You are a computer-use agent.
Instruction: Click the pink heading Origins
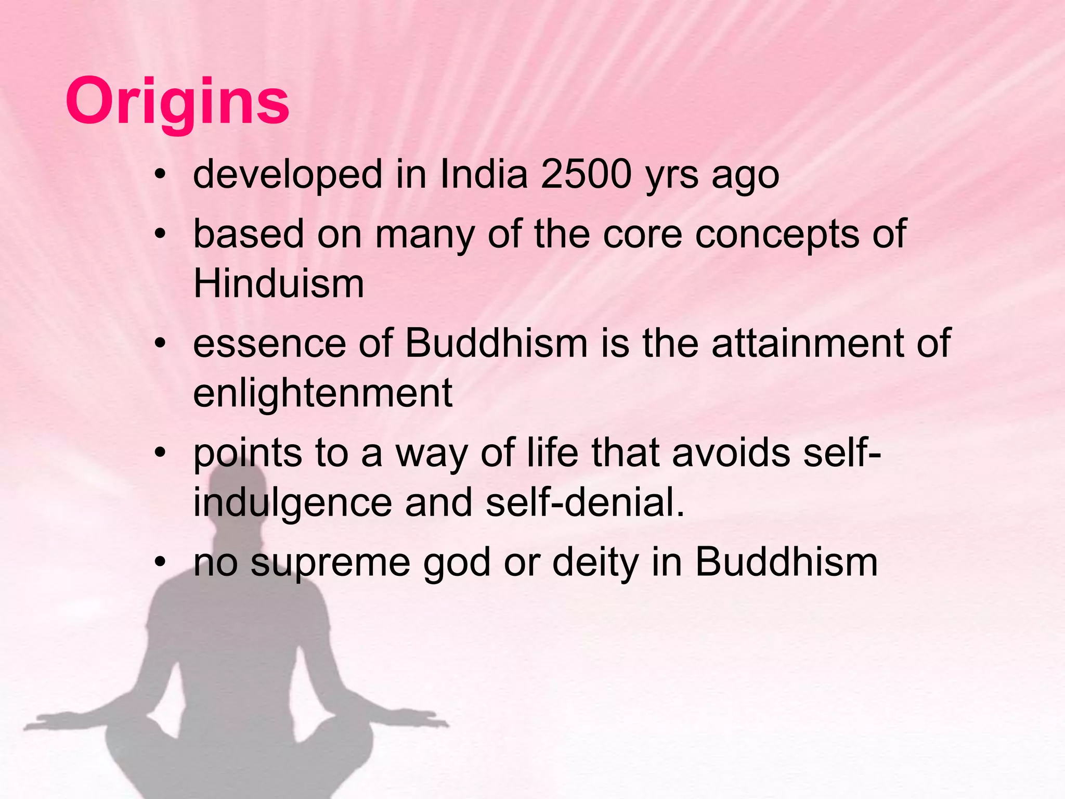(x=177, y=101)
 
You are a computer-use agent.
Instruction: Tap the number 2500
(x=586, y=174)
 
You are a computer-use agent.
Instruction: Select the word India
(x=484, y=174)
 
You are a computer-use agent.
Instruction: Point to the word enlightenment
(x=322, y=393)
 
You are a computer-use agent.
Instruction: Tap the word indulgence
(x=293, y=503)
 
